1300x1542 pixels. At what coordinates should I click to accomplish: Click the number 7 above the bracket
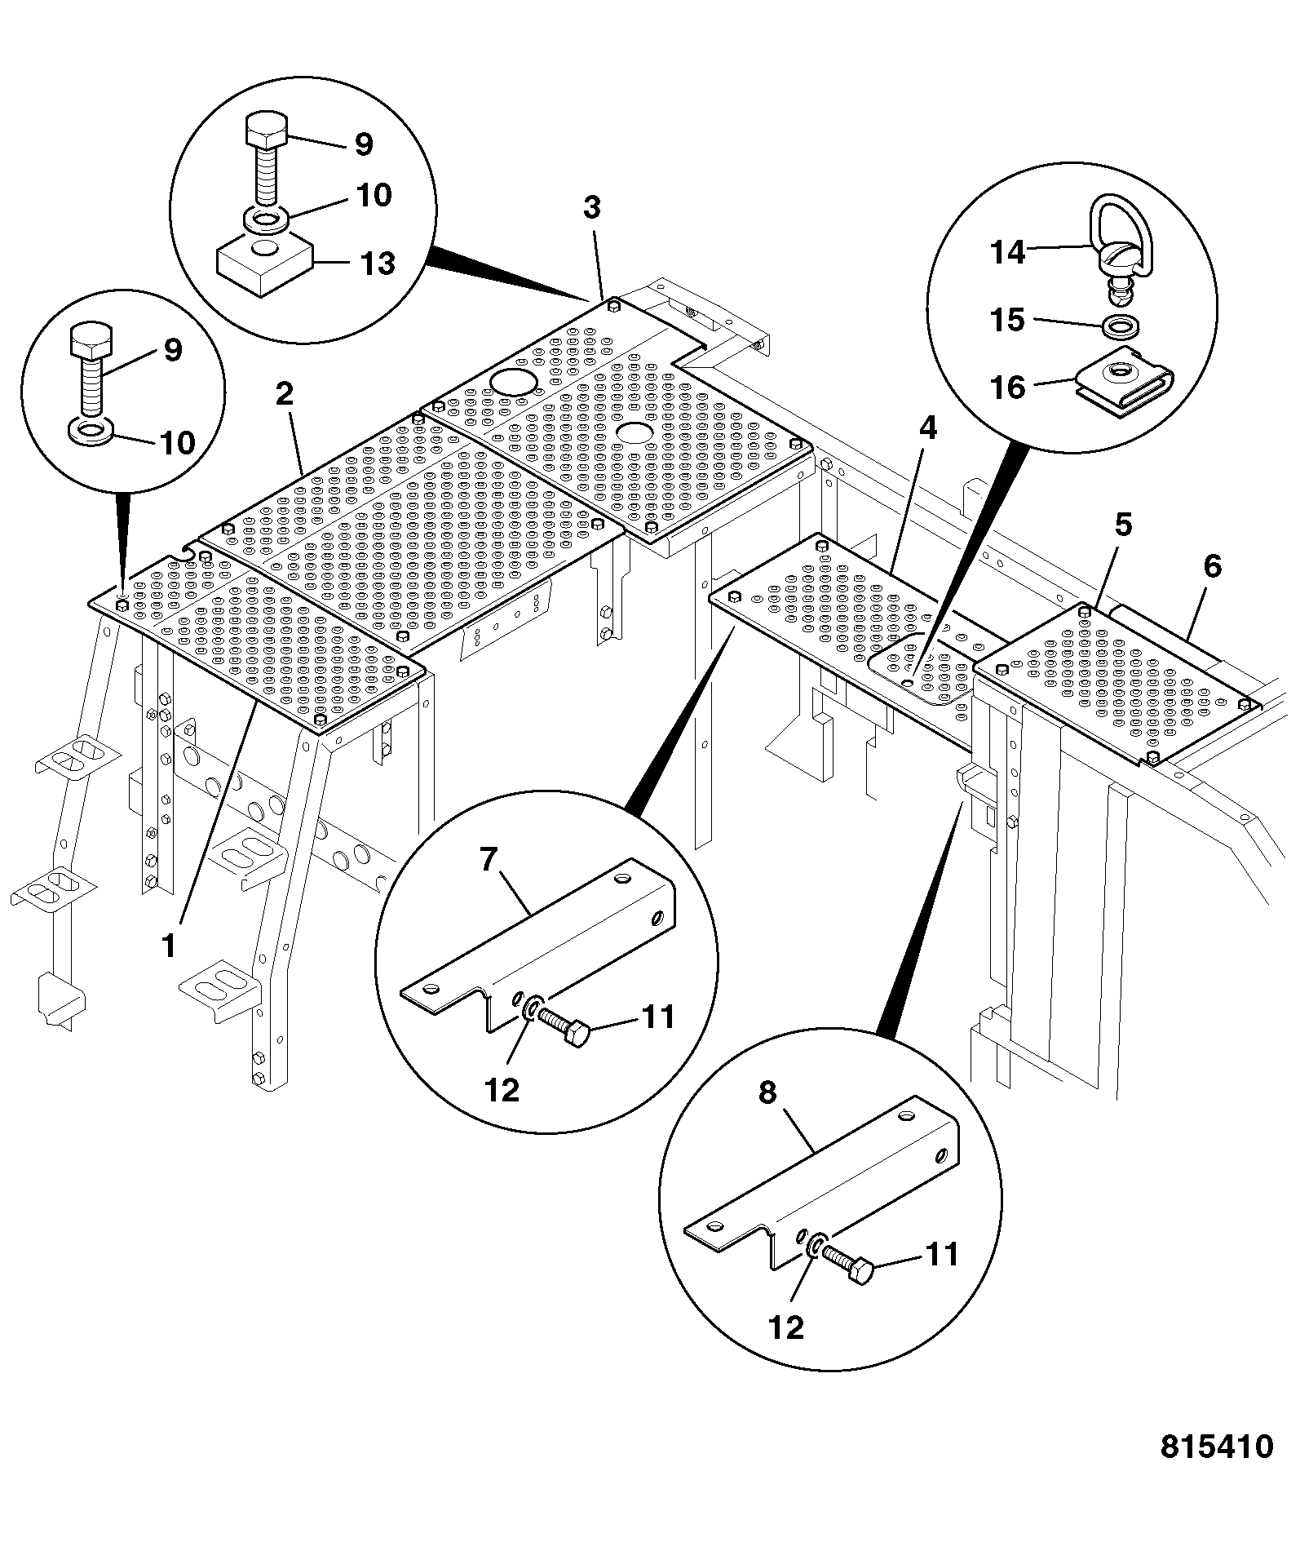coord(488,861)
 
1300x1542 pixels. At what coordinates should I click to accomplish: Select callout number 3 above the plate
coord(592,207)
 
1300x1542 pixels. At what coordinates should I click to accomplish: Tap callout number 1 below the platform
coord(169,946)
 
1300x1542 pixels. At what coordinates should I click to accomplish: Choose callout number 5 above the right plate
coord(1123,525)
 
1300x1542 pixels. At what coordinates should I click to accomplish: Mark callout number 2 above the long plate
coord(284,394)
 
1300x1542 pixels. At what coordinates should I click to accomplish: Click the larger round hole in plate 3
coord(511,380)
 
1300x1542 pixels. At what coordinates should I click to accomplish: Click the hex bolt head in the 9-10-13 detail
coord(266,128)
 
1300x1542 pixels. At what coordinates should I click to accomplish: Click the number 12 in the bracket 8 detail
coord(786,1327)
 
